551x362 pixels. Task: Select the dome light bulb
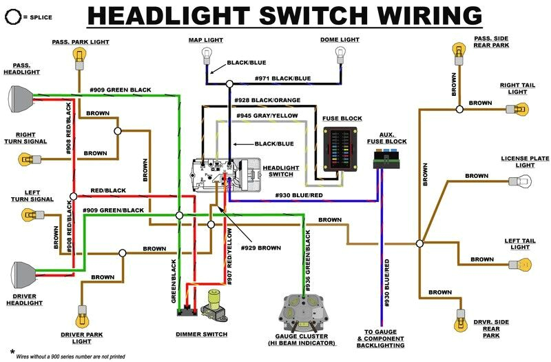[x=340, y=54]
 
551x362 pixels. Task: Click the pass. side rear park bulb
[x=457, y=50]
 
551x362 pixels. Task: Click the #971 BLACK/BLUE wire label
[x=282, y=79]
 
